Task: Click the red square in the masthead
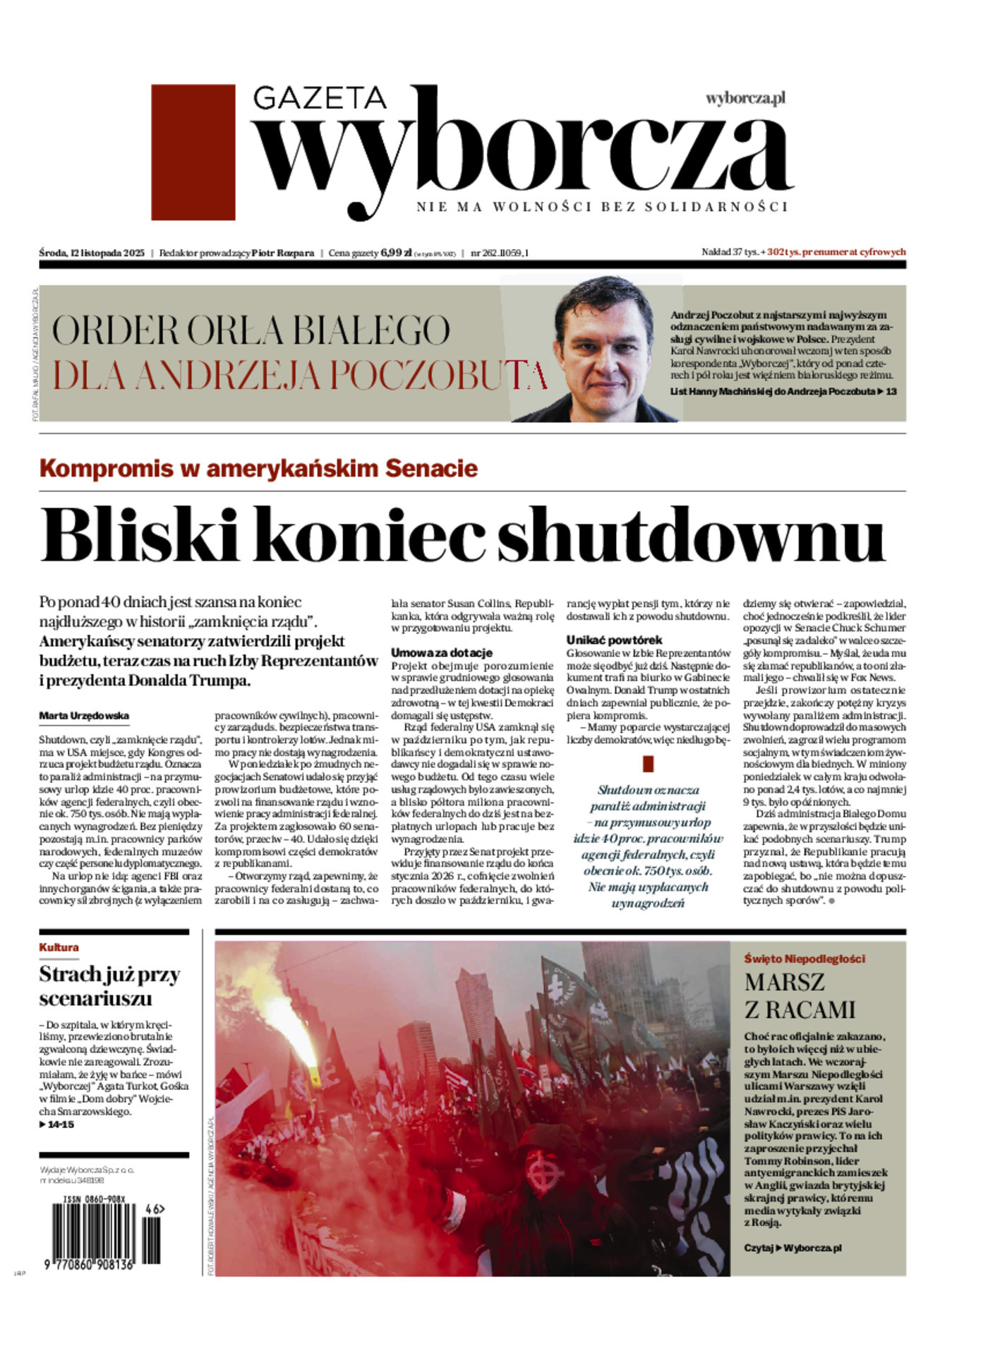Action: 193,152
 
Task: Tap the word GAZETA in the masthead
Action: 319,99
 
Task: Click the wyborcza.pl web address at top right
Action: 745,98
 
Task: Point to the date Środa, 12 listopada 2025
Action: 92,253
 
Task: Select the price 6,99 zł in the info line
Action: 396,253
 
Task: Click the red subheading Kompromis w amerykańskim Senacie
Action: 258,468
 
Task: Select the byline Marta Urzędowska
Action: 84,716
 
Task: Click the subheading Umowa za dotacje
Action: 442,652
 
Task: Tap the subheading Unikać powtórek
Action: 614,640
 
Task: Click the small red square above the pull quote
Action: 649,764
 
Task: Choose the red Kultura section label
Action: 59,947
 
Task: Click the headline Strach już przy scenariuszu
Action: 109,986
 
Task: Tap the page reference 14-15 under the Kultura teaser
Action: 59,1124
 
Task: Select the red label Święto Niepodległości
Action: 805,959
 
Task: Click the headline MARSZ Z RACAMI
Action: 799,995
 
